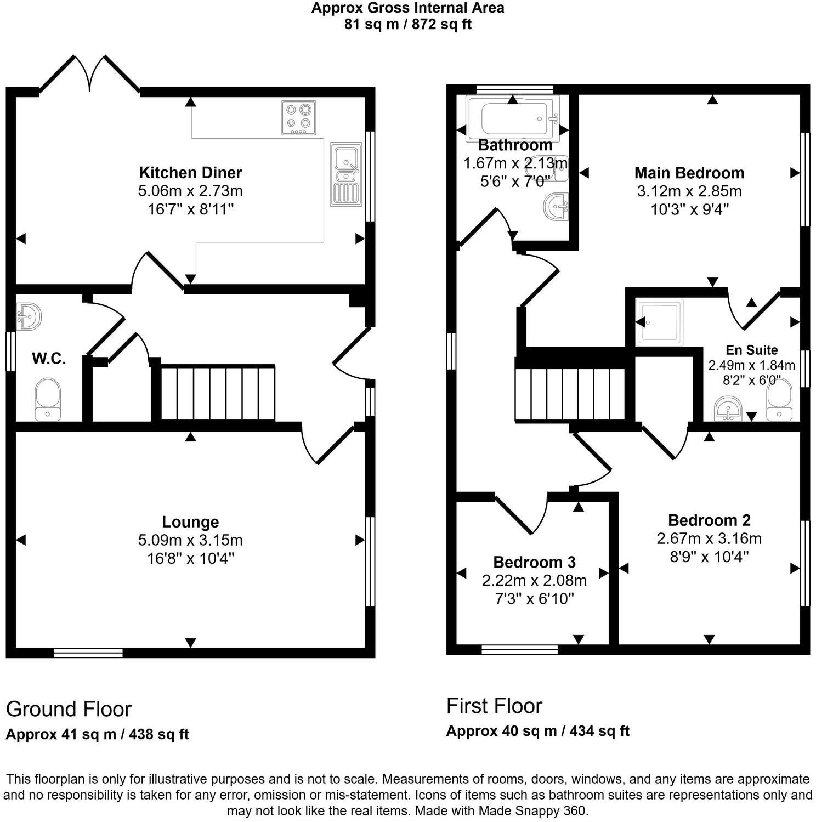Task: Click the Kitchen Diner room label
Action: pyautogui.click(x=190, y=173)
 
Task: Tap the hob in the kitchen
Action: pyautogui.click(x=298, y=117)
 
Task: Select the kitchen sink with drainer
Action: pyautogui.click(x=345, y=174)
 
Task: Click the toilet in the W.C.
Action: pyautogui.click(x=48, y=399)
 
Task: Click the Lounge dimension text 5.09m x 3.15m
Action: pyautogui.click(x=190, y=540)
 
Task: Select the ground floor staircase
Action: pyautogui.click(x=218, y=393)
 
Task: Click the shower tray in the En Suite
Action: pyautogui.click(x=660, y=322)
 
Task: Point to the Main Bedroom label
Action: pyautogui.click(x=689, y=173)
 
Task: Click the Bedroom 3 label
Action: pyautogui.click(x=534, y=562)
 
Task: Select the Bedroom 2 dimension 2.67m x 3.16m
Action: pyautogui.click(x=709, y=538)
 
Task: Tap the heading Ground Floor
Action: pyautogui.click(x=69, y=709)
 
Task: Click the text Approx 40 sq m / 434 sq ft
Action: pyautogui.click(x=537, y=731)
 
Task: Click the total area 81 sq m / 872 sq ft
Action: pyautogui.click(x=407, y=24)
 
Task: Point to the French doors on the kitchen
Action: pyautogui.click(x=89, y=74)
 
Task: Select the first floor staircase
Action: pyautogui.click(x=570, y=394)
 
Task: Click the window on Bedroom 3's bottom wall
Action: pyautogui.click(x=519, y=650)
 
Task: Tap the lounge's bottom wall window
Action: pyautogui.click(x=88, y=653)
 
